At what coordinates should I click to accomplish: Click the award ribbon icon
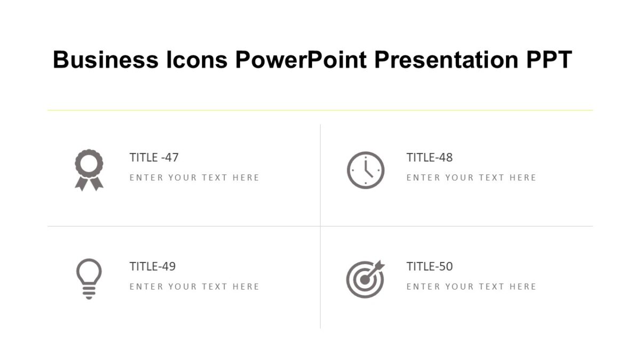coord(89,170)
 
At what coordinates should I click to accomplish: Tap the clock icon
coord(365,170)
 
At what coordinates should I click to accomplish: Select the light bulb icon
coord(89,278)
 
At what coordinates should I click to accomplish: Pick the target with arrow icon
coord(365,279)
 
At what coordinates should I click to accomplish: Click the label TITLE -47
coord(154,157)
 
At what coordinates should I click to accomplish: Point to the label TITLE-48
coord(429,157)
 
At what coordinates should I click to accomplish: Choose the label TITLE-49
coord(153,266)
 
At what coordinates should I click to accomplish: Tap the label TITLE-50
coord(429,266)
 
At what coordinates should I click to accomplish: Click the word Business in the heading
coord(106,60)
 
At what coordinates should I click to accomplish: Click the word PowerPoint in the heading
coord(301,60)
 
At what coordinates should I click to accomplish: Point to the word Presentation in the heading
coord(446,60)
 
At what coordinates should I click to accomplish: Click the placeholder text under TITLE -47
coord(194,178)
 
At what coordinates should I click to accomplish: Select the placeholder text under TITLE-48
coord(471,178)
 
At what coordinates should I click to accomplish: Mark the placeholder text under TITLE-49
coord(194,286)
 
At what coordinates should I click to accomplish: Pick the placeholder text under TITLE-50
coord(471,286)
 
